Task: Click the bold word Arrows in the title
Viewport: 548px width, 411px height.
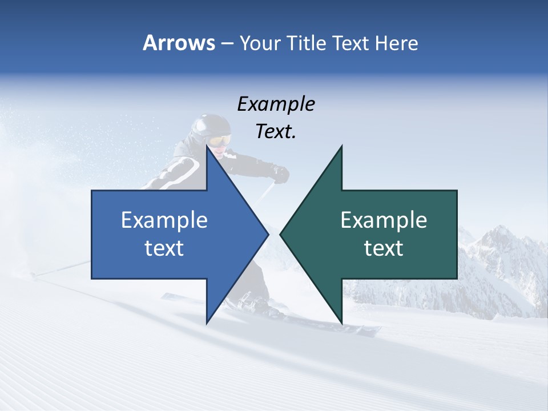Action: [178, 43]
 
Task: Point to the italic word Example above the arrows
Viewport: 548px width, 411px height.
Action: [276, 104]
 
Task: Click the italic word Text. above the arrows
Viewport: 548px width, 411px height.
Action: [276, 131]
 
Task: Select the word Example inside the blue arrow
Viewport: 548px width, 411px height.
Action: [164, 220]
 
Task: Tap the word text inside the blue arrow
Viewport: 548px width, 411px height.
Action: [164, 248]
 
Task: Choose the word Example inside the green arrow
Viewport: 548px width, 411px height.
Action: [384, 220]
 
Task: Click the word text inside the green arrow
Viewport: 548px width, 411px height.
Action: [384, 248]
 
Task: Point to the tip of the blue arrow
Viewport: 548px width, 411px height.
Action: [268, 233]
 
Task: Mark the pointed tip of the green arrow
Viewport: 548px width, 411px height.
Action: [280, 233]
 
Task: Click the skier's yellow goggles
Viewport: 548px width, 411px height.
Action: [220, 140]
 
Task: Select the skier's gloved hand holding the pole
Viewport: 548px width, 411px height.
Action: [280, 174]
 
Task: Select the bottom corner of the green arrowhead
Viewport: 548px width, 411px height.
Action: [341, 323]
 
